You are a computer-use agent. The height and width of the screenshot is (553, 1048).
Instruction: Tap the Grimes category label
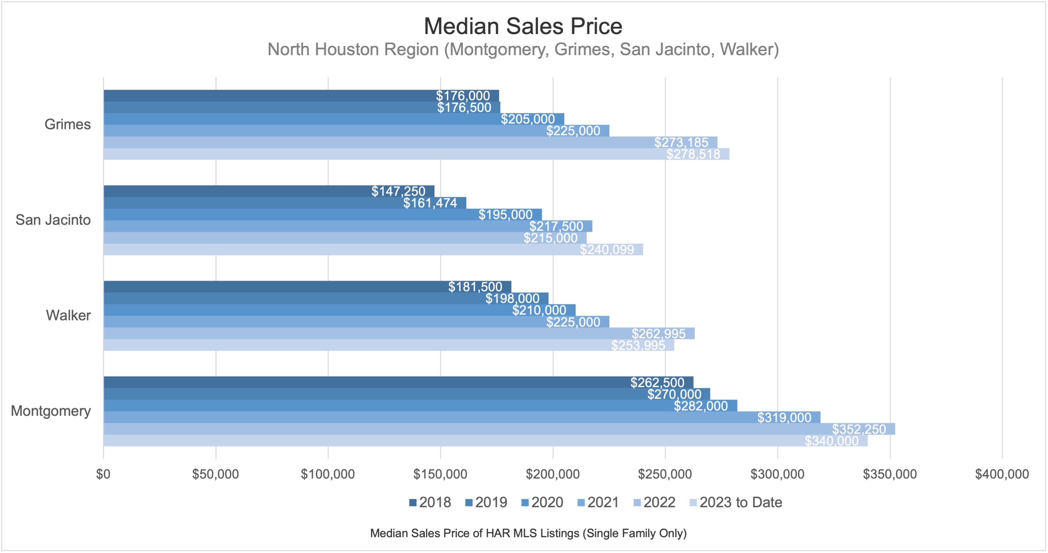click(x=67, y=124)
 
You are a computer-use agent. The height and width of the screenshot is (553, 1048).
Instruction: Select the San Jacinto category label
click(x=53, y=220)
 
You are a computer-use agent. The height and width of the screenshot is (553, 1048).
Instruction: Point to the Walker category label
click(x=68, y=315)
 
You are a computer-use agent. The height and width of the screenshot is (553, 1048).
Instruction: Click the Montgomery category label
click(x=51, y=411)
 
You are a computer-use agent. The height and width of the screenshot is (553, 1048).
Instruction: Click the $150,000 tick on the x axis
click(x=440, y=474)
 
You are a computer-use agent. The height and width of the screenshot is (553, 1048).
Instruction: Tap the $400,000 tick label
click(x=1002, y=474)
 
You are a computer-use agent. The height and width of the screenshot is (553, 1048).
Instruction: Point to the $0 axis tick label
click(x=103, y=474)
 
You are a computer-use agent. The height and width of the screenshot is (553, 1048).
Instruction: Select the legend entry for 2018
click(x=430, y=503)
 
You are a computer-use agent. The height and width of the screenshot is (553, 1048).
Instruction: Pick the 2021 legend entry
click(x=598, y=503)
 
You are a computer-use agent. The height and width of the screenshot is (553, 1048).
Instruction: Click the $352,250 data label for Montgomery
click(x=858, y=429)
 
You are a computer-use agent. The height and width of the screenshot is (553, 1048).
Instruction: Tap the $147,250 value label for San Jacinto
click(x=398, y=191)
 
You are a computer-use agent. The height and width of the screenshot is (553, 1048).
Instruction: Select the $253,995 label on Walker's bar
click(x=638, y=345)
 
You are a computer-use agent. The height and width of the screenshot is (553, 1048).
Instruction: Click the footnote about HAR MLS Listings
click(x=528, y=533)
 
